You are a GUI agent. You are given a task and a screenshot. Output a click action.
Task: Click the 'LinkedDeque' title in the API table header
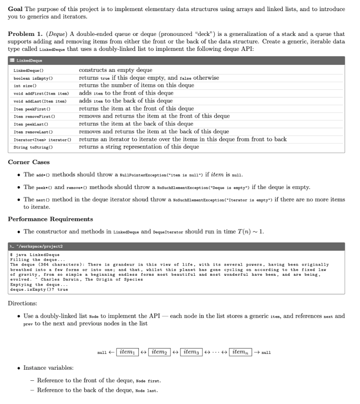tap(30, 60)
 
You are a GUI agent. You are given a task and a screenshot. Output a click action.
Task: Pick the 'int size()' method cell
tap(25, 86)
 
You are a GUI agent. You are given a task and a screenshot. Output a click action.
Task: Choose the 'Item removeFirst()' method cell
tap(34, 116)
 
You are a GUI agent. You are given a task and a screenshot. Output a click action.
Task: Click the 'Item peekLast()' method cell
tap(31, 124)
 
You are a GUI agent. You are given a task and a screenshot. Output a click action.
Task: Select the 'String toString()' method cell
tap(33, 147)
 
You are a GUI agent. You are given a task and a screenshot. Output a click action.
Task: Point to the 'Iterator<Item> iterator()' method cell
tap(42, 140)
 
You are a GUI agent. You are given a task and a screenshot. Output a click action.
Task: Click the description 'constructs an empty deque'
tap(115, 70)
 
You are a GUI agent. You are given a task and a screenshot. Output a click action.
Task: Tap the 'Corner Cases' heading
tap(29, 162)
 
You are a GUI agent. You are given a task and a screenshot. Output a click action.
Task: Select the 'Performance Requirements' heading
tap(51, 219)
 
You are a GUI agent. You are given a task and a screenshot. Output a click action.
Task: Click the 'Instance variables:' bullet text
tap(48, 368)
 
